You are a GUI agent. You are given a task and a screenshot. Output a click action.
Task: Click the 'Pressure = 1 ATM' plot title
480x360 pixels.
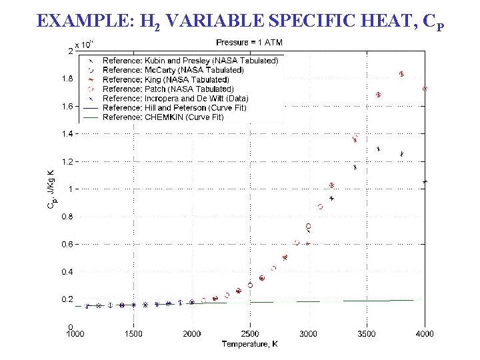point(249,43)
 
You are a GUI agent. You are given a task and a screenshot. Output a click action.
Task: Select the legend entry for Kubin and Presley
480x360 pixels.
point(190,61)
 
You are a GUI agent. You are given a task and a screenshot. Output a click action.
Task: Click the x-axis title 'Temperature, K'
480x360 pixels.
point(249,344)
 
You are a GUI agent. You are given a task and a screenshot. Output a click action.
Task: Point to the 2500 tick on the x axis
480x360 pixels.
point(250,334)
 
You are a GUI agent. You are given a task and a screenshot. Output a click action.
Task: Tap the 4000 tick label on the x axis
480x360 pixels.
point(425,334)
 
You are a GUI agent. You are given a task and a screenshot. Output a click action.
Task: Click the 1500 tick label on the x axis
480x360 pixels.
point(133,334)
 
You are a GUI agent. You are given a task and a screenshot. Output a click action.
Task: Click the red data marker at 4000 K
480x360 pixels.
point(425,89)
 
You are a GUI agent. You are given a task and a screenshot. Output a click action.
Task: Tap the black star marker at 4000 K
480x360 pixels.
point(425,181)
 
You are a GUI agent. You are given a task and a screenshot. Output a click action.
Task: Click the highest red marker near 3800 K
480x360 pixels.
point(401,74)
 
